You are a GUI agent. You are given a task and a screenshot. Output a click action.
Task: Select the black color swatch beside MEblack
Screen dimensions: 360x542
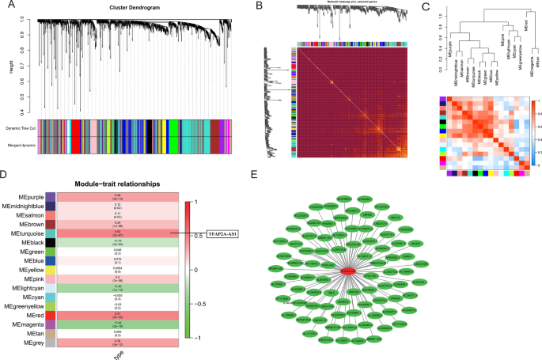coord(51,243)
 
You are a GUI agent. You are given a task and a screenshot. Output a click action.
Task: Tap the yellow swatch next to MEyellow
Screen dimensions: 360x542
coord(51,270)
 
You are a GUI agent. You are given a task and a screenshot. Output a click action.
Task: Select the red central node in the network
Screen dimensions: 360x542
coord(350,271)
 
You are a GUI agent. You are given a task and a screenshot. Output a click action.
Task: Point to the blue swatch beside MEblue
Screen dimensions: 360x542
coord(51,261)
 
